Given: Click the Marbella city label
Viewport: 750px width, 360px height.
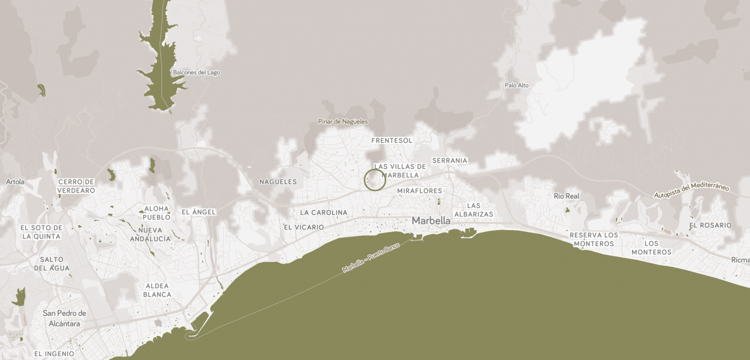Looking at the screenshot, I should point(431,220).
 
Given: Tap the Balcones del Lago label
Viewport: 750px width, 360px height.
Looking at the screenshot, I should point(196,73).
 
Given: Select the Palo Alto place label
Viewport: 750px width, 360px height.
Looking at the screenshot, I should point(516,85).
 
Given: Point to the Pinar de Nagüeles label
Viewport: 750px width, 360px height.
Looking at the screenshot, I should point(343,121).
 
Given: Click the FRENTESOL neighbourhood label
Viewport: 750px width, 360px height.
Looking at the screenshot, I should point(392,140).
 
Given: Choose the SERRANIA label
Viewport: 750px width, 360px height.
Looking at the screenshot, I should point(449,161).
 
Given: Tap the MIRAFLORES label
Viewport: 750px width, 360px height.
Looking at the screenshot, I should point(420,191).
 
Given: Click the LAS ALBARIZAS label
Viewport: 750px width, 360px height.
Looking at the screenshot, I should point(473,209).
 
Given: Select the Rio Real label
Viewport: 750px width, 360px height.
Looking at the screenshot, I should point(566,196).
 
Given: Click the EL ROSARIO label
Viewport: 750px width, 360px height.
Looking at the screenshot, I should point(710,226).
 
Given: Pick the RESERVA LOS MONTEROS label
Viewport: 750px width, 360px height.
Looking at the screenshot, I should point(594,239).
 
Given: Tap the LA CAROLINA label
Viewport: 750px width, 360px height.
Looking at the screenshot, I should point(323,212).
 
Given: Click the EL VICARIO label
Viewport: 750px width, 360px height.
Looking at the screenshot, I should point(303,227).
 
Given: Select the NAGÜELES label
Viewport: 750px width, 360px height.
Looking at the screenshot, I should point(278,182).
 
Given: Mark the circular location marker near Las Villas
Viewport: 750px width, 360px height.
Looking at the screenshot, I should point(375,180).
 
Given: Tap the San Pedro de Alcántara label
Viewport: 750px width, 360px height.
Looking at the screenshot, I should point(65,318).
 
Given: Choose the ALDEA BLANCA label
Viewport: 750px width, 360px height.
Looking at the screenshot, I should point(157,290).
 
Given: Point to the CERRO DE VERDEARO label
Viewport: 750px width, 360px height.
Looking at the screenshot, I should point(76,186).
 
